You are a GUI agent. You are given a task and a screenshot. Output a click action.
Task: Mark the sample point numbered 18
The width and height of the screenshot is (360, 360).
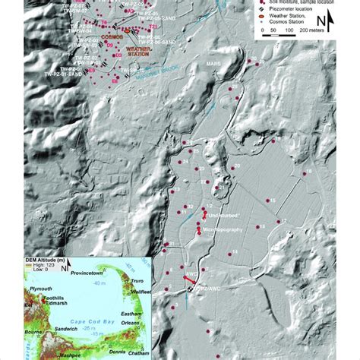click(309, 173)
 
